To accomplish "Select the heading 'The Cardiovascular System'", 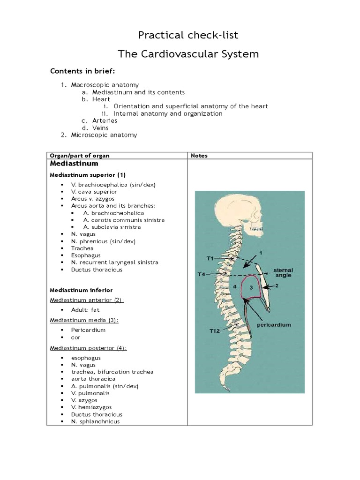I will pos(188,54).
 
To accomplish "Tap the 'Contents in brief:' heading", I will pos(82,71).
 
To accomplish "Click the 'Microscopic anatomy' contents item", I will pos(104,135).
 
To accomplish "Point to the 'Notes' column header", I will pos(199,156).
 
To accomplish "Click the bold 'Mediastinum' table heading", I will pos(74,164).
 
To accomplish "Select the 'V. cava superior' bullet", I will pos(94,192).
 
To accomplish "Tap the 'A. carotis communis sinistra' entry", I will pos(124,220).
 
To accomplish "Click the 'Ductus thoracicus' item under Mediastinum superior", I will pos(97,270).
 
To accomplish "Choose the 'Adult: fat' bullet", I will pos(85,310).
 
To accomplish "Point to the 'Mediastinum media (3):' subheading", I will pos(84,320).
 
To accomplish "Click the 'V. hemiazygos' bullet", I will pos(91,407).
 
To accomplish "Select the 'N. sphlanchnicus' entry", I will pos(95,421).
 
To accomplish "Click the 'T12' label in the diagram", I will pos(215,331).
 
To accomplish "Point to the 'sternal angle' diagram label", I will pos(283,273).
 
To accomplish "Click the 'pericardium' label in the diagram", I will pos(274,324).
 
